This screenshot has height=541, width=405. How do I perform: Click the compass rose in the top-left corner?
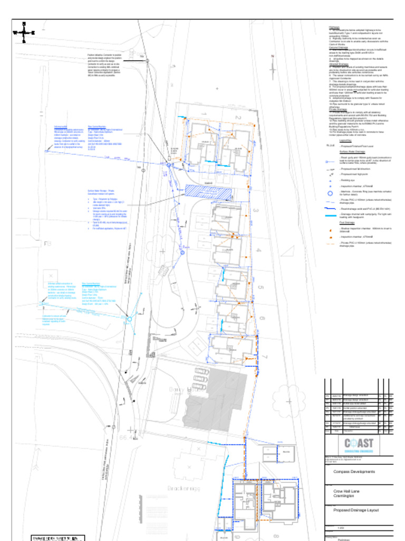pos(24,32)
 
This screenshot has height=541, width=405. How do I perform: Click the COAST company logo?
pos(359,443)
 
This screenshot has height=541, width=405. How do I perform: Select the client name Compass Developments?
pos(354,471)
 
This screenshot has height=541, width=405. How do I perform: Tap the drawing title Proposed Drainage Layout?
pos(356,510)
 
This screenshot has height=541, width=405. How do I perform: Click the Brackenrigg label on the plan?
pos(184,488)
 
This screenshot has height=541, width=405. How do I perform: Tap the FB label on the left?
pos(48,244)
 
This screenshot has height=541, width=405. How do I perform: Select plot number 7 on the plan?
pos(265,358)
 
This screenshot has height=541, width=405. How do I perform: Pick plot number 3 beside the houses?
pos(256,211)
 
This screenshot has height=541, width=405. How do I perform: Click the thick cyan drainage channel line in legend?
pos(330,216)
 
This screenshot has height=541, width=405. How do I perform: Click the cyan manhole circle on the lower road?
pos(129,319)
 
